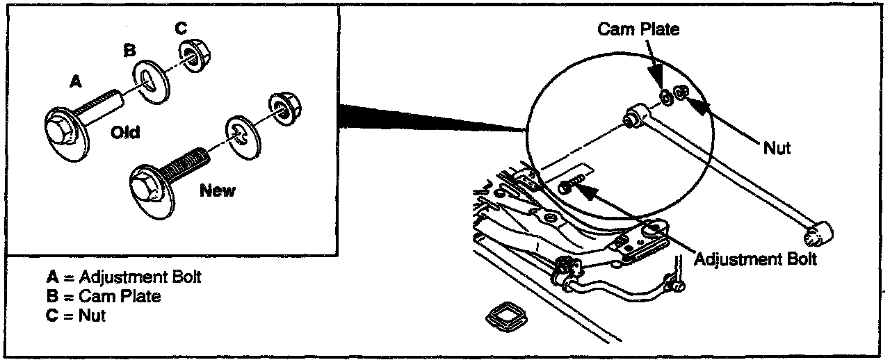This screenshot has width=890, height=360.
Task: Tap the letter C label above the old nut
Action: [x=181, y=29]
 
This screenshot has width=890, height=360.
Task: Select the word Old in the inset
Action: [x=125, y=132]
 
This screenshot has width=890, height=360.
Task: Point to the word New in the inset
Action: [x=218, y=190]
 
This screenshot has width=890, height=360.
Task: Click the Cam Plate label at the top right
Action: [x=638, y=29]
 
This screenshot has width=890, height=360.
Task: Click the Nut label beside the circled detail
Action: [x=777, y=148]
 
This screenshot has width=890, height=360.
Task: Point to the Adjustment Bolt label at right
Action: [x=755, y=260]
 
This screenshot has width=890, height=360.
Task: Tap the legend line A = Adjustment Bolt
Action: [x=123, y=277]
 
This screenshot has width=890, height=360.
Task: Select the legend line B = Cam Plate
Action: [x=104, y=297]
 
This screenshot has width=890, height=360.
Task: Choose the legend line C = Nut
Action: [x=76, y=316]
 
